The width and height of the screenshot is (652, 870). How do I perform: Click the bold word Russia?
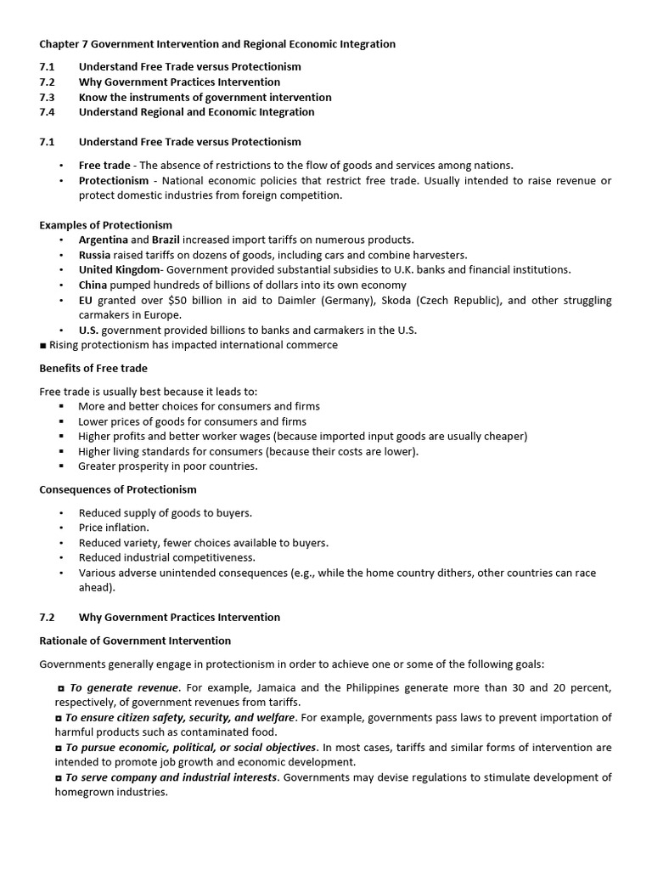(95, 255)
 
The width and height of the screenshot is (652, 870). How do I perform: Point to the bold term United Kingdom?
(119, 270)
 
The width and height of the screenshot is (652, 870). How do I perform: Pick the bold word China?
(93, 285)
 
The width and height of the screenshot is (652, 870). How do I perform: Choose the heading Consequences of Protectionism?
(117, 489)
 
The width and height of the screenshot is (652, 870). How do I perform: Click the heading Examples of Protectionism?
(105, 225)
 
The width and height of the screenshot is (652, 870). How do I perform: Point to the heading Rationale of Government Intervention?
(135, 641)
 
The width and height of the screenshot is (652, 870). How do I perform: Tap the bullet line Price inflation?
(113, 528)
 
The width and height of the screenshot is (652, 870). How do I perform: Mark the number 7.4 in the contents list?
(48, 112)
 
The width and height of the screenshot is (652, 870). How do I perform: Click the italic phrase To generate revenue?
(121, 686)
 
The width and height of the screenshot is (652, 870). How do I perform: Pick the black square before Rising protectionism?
(42, 345)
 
